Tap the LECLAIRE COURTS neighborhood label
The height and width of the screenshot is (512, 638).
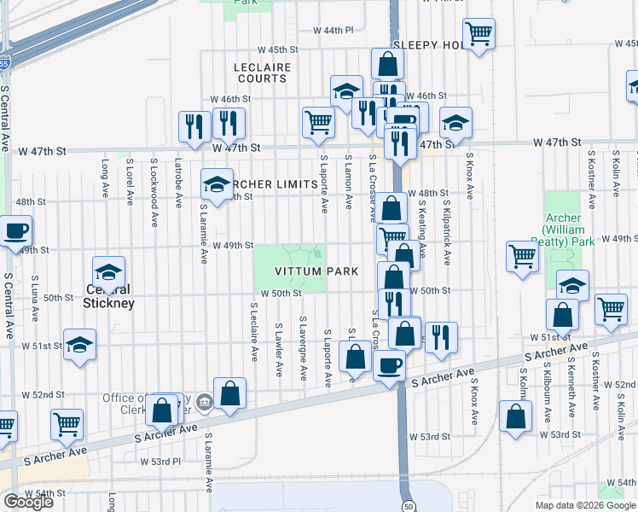point(262,73)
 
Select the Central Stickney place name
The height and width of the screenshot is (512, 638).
point(109,296)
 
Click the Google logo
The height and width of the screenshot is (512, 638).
point(28,502)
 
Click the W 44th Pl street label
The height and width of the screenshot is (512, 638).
point(333,30)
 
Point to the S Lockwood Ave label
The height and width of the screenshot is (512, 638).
point(154,182)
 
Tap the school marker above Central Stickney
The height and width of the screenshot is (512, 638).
point(109,273)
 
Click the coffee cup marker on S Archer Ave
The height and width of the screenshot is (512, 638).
point(390,365)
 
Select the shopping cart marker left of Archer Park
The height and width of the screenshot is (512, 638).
point(522,256)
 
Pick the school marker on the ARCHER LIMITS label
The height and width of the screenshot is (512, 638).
point(217,183)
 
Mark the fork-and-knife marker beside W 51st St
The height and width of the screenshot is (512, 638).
point(441,338)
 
